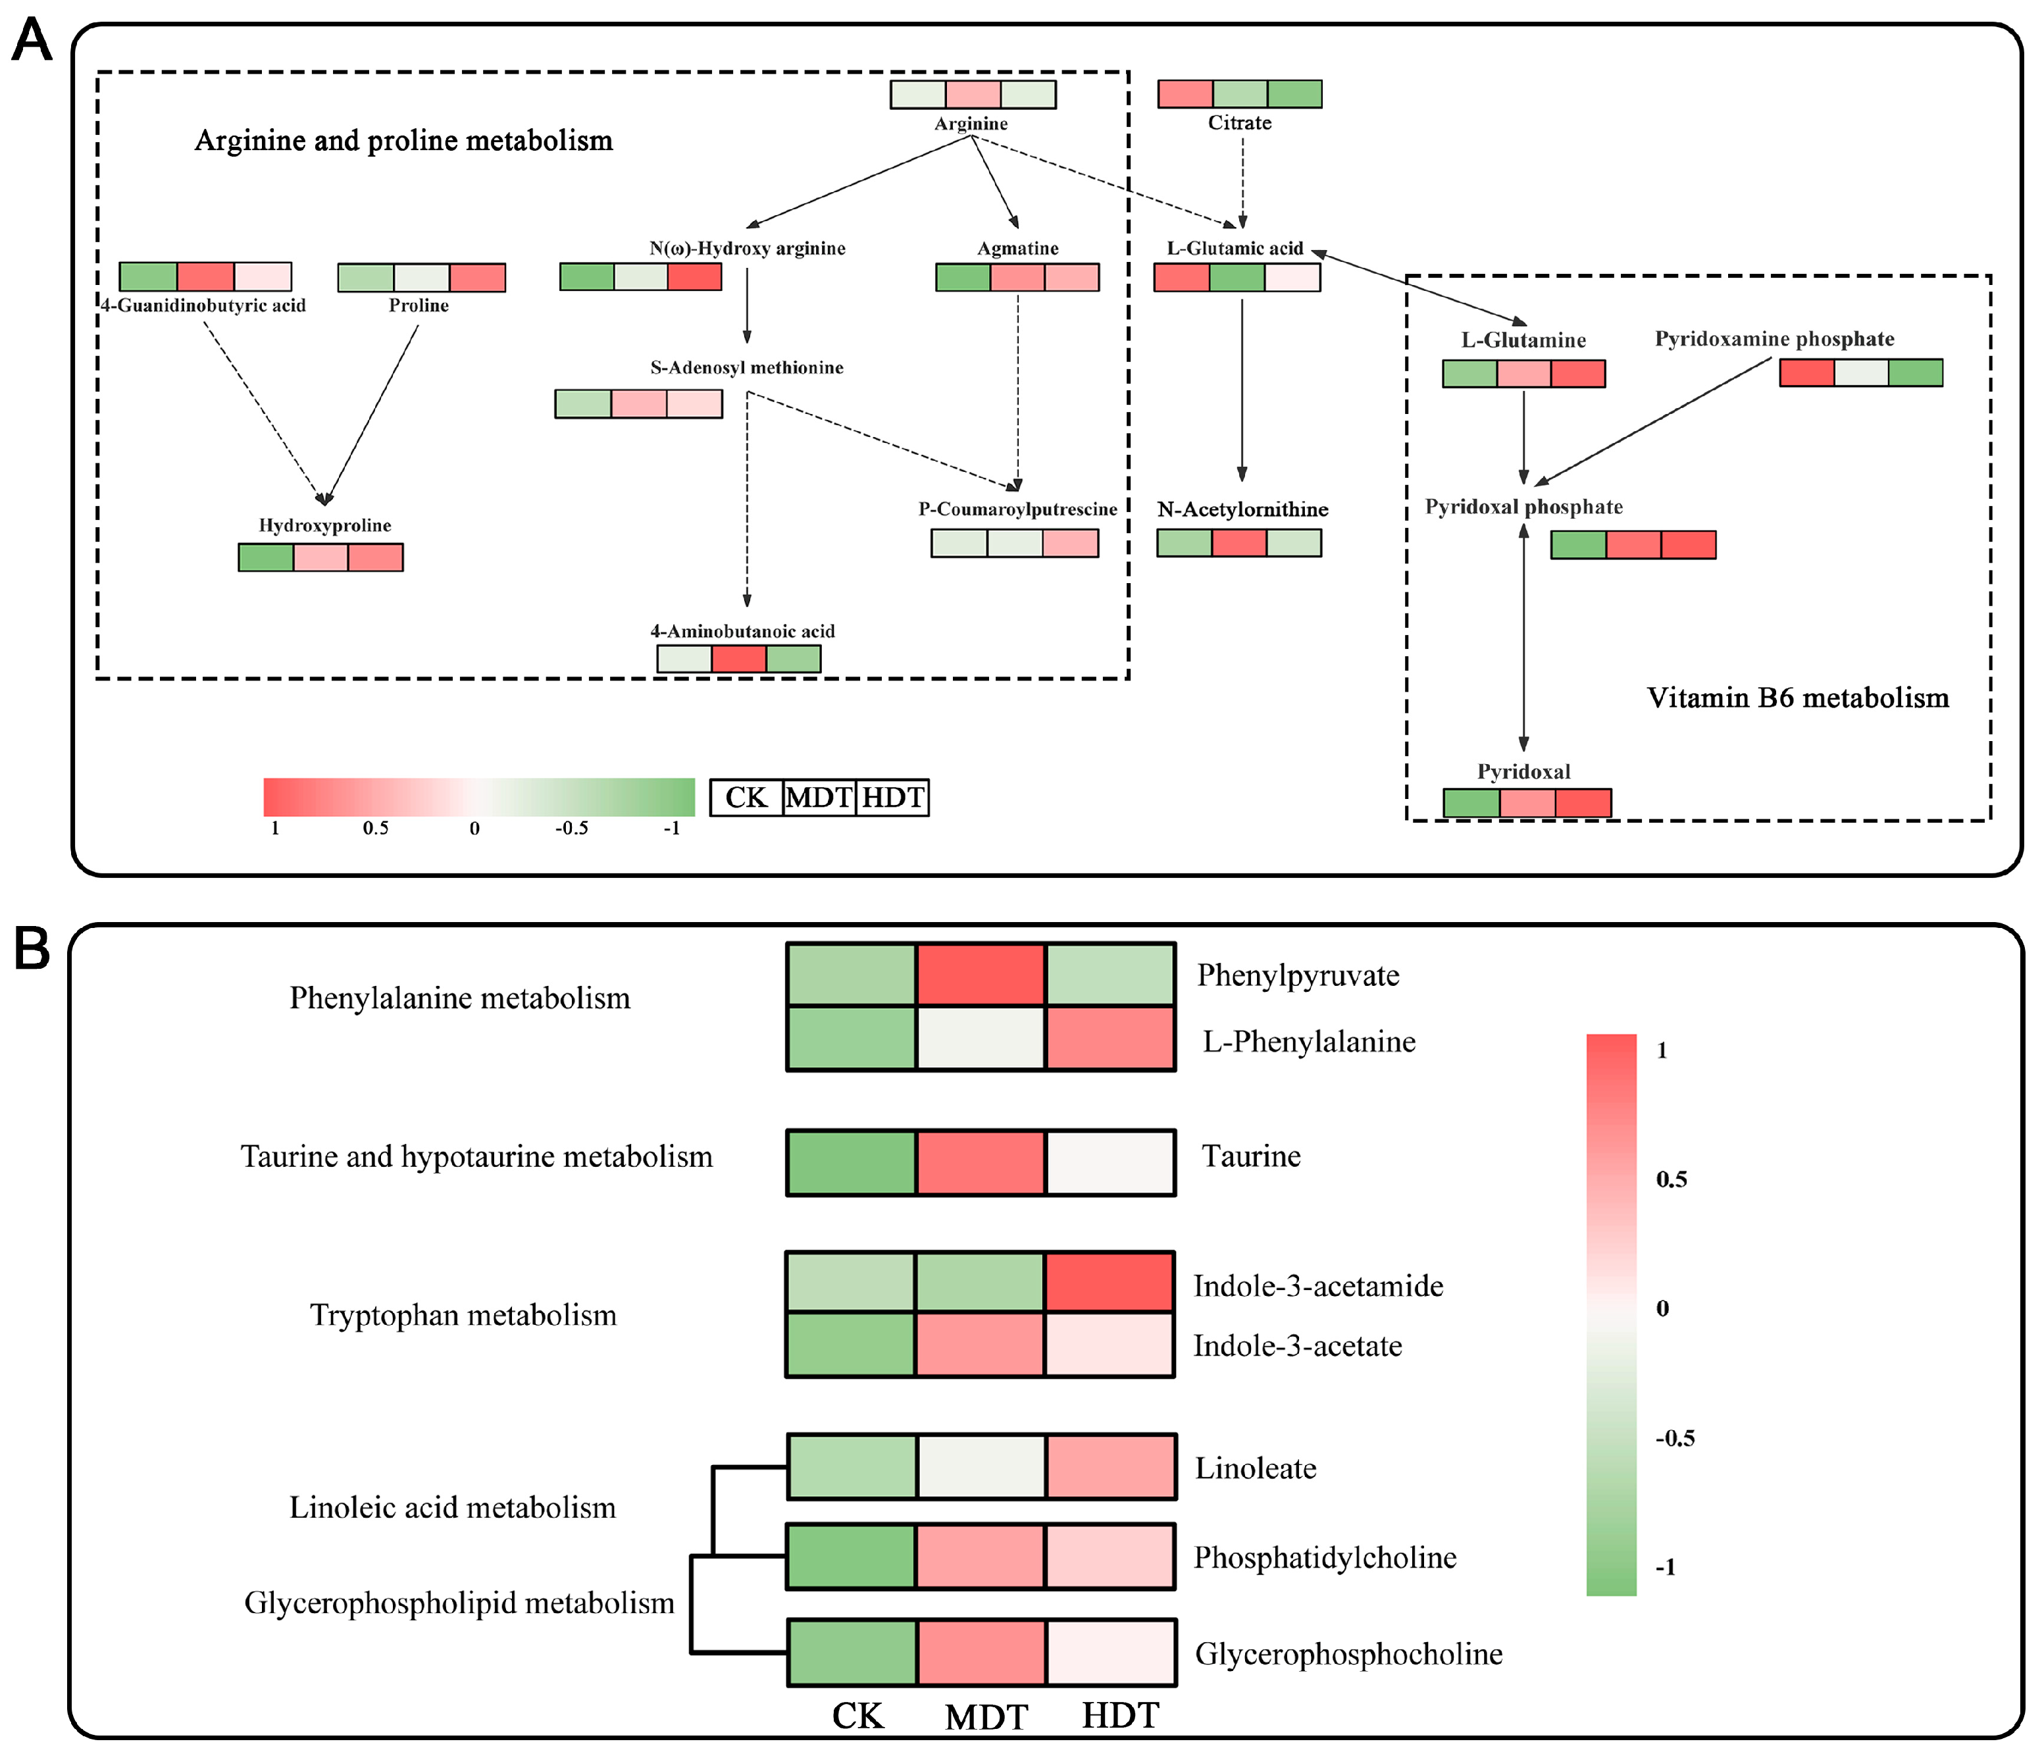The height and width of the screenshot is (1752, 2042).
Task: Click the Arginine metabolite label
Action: (971, 123)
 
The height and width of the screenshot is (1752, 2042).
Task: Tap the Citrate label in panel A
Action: (1240, 122)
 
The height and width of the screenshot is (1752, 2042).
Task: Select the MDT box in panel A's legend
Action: (819, 797)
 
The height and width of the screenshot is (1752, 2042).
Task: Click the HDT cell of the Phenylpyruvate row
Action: (1110, 975)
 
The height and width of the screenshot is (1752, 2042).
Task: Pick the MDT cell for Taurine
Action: (981, 1163)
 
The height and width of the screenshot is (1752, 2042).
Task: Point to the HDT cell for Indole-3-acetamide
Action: (1110, 1282)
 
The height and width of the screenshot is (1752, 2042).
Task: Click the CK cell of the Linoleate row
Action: (852, 1467)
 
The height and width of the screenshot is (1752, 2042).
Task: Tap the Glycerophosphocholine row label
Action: (1348, 1653)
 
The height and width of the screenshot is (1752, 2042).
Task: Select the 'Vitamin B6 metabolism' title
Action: (1798, 698)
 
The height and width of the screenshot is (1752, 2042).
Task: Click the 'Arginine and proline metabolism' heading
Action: (403, 140)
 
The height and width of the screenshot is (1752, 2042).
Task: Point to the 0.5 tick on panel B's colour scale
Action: (1672, 1179)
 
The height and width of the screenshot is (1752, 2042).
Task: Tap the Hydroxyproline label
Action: (324, 525)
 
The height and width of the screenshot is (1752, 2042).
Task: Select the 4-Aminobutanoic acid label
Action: (742, 631)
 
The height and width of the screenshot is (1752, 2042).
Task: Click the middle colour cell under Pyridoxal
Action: (1527, 803)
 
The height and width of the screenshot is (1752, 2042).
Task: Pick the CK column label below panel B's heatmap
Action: (857, 1716)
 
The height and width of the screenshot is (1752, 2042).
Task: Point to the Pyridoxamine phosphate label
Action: (1774, 339)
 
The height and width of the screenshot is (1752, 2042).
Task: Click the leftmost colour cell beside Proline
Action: (366, 278)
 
